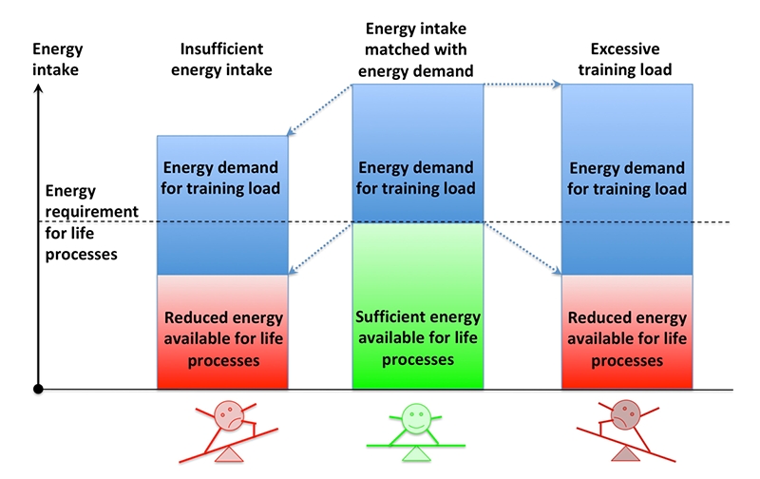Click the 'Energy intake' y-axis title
(58, 58)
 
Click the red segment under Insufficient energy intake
(223, 333)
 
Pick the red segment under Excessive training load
(627, 333)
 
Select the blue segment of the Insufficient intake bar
(223, 205)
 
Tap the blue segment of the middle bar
(417, 153)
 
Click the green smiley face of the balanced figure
(413, 415)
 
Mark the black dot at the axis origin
(38, 389)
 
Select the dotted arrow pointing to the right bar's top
(523, 86)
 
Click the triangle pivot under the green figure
(416, 456)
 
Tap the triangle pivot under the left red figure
(229, 457)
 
